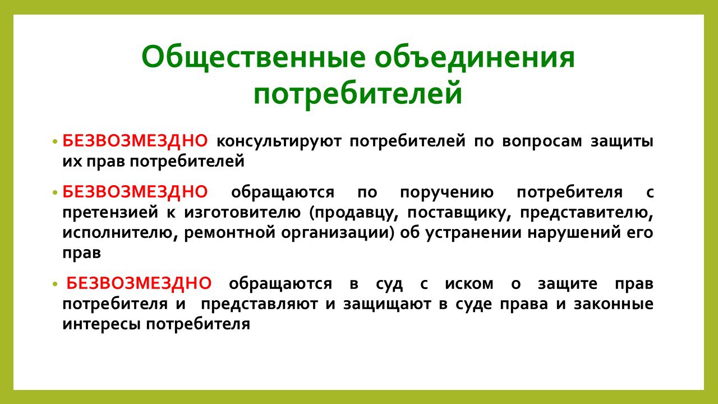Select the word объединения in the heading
475,58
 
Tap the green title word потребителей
358,94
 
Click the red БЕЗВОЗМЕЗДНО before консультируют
135,141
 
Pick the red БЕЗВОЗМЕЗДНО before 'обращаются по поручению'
135,192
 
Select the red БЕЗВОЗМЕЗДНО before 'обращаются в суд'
139,283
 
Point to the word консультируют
279,142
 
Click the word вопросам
542,142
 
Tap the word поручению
447,193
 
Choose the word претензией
111,213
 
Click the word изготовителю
242,213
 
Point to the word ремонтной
229,233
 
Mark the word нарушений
574,233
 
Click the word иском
470,284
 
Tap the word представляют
259,304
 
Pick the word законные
614,304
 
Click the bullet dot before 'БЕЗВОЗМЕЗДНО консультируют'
55,141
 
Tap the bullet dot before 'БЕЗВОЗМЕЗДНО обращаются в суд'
55,284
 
